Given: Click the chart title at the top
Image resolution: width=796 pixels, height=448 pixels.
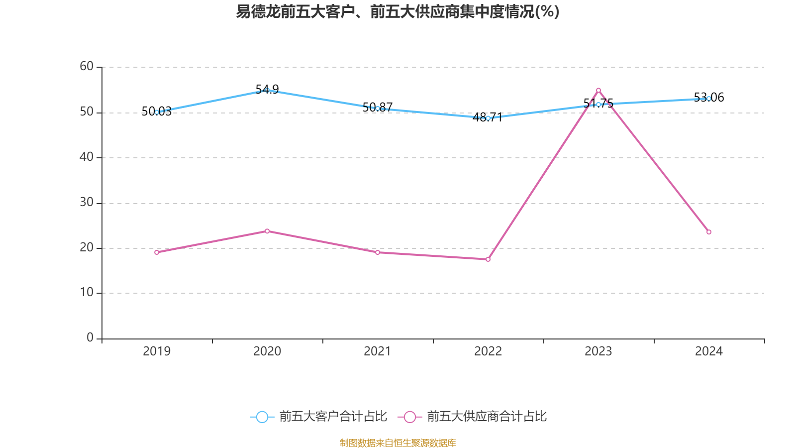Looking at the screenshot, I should pyautogui.click(x=398, y=11).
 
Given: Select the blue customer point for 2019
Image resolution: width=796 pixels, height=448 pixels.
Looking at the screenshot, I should pyautogui.click(x=157, y=112).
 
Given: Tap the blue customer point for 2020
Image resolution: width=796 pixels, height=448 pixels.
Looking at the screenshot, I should pyautogui.click(x=267, y=90).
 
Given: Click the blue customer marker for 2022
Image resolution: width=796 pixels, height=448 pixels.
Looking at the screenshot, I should pyautogui.click(x=488, y=118).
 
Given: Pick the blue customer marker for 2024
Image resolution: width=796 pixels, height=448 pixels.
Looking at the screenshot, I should pyautogui.click(x=709, y=99).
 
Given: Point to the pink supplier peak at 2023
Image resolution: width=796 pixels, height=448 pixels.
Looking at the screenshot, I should pyautogui.click(x=598, y=90).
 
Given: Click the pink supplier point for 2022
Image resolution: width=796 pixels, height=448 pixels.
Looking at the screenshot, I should pyautogui.click(x=488, y=259).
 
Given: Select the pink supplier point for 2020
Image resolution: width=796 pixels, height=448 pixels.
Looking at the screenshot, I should pyautogui.click(x=267, y=231).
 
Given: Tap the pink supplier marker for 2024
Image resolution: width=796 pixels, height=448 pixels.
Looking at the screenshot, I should pyautogui.click(x=709, y=232).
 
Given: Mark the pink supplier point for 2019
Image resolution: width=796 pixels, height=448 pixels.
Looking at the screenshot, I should pyautogui.click(x=157, y=252).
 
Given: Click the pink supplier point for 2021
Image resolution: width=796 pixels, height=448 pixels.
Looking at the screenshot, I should pyautogui.click(x=378, y=252).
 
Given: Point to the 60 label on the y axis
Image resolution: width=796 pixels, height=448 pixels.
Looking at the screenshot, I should pyautogui.click(x=87, y=66).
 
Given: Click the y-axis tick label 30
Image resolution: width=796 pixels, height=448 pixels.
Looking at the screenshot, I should pyautogui.click(x=87, y=202).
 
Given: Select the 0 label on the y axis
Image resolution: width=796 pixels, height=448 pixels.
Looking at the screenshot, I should pyautogui.click(x=90, y=337).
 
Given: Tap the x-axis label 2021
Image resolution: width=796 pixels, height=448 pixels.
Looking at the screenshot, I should pyautogui.click(x=378, y=351).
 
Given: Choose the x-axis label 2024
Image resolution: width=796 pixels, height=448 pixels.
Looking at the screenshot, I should pyautogui.click(x=709, y=351).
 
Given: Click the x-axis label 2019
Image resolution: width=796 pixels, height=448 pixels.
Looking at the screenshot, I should pyautogui.click(x=157, y=351).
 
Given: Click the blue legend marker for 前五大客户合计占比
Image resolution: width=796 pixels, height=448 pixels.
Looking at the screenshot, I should pyautogui.click(x=262, y=417).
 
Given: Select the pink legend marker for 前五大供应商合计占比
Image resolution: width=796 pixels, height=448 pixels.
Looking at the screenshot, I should pyautogui.click(x=409, y=417).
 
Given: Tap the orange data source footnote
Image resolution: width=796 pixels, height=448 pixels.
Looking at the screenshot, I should pyautogui.click(x=398, y=443).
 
